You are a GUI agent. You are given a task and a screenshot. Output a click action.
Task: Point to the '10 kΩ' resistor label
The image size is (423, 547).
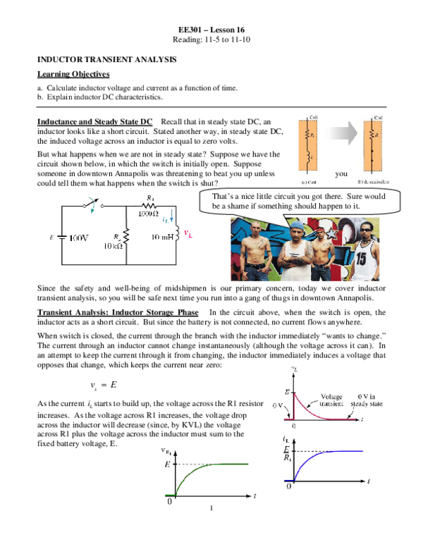pos(113,246)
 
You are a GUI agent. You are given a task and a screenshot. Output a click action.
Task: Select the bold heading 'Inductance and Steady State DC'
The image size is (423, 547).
pos(97,122)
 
